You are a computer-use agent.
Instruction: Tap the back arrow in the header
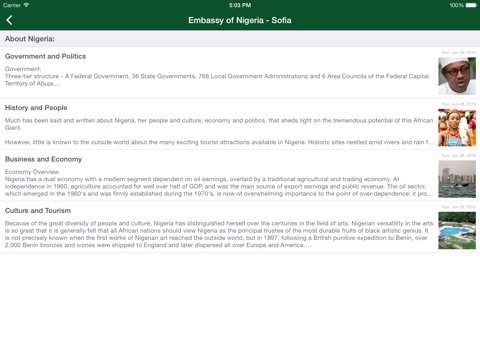pyautogui.click(x=10, y=20)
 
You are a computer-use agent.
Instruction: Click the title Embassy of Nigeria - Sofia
pyautogui.click(x=240, y=20)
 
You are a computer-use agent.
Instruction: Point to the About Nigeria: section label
pyautogui.click(x=30, y=39)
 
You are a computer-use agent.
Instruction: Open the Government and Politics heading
pyautogui.click(x=45, y=57)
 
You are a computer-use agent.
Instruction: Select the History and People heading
pyautogui.click(x=36, y=108)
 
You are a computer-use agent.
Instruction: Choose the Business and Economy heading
pyautogui.click(x=43, y=159)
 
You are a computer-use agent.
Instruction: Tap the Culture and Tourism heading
pyautogui.click(x=38, y=211)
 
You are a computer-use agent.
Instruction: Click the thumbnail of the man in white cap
pyautogui.click(x=457, y=76)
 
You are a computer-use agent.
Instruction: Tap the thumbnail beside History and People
pyautogui.click(x=457, y=128)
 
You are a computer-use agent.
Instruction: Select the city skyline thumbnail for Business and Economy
pyautogui.click(x=457, y=179)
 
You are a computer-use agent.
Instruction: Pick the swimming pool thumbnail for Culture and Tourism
pyautogui.click(x=457, y=230)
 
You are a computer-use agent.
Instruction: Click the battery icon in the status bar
pyautogui.click(x=470, y=5)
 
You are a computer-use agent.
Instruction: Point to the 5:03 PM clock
pyautogui.click(x=240, y=5)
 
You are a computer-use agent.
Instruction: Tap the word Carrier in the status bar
pyautogui.click(x=12, y=5)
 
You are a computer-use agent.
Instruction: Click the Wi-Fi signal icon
pyautogui.click(x=27, y=5)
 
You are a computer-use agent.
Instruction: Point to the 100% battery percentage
pyautogui.click(x=455, y=5)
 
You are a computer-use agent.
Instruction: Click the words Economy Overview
pyautogui.click(x=32, y=172)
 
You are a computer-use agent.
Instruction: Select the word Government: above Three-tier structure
pyautogui.click(x=23, y=69)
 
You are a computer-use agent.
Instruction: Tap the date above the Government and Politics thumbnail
pyautogui.click(x=459, y=53)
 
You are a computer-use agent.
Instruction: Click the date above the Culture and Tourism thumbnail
pyautogui.click(x=459, y=207)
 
